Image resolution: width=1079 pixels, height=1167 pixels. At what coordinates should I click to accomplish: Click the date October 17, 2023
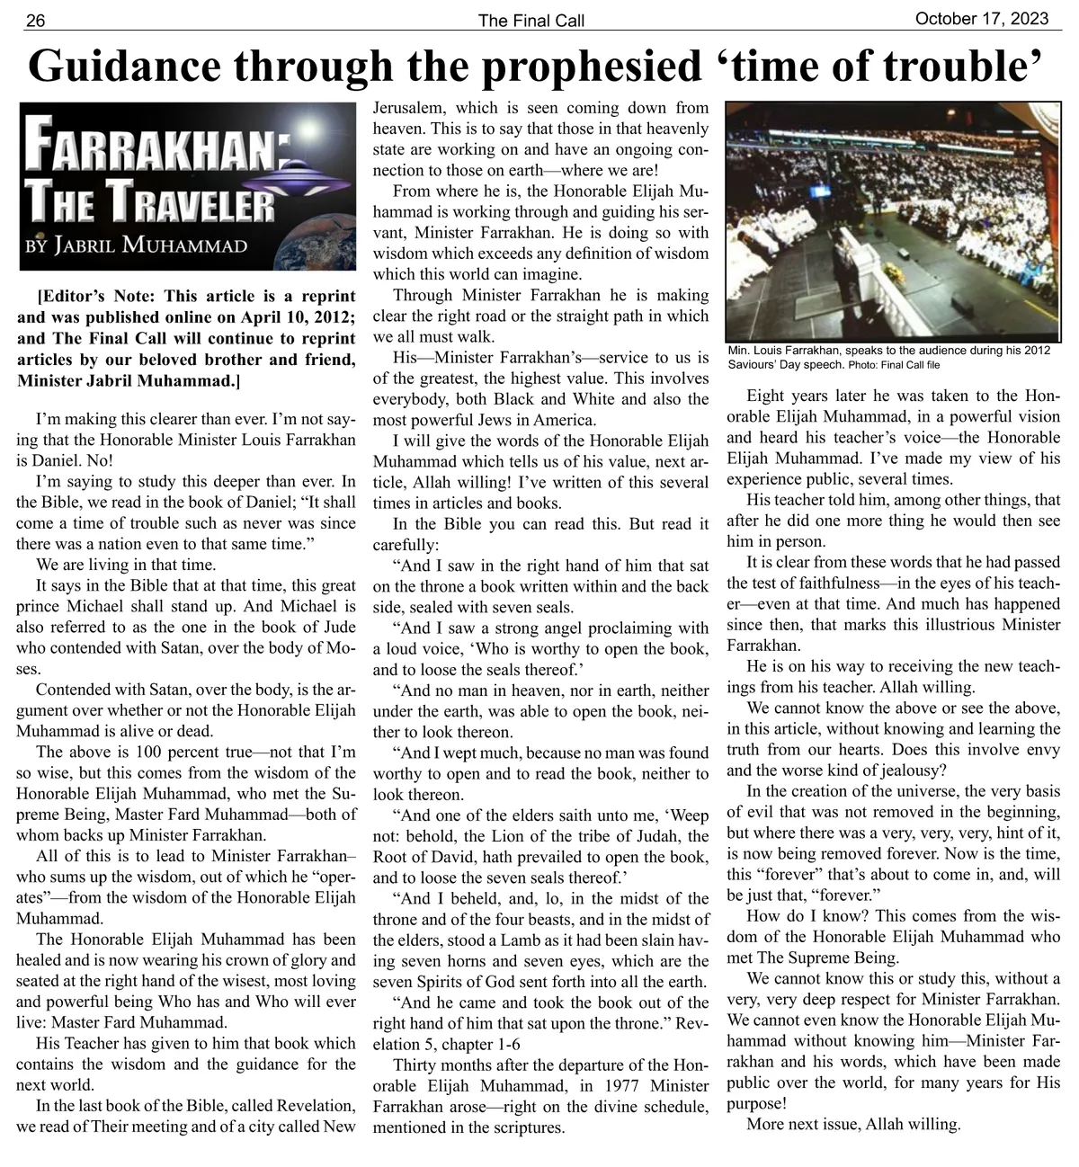tap(987, 18)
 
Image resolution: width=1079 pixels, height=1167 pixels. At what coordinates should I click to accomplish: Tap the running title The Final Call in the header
tap(531, 21)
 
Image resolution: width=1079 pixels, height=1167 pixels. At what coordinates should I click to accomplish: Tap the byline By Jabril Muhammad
tap(135, 245)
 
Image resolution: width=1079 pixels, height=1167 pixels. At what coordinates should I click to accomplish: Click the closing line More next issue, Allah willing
tap(853, 1124)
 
